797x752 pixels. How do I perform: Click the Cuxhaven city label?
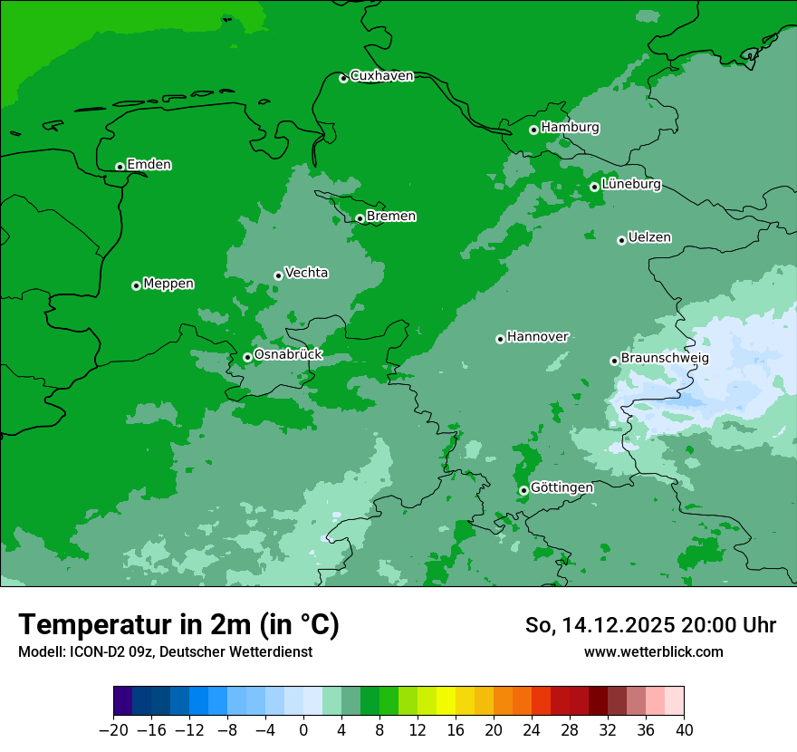(381, 76)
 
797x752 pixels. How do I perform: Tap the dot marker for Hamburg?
(534, 130)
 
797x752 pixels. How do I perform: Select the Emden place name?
(149, 165)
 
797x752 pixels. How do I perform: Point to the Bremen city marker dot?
(360, 218)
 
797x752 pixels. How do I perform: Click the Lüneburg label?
(630, 184)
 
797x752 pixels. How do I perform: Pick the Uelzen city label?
(649, 237)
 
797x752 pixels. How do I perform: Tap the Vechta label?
(306, 273)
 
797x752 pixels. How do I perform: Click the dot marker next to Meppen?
(136, 285)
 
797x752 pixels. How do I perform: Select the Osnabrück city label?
(288, 354)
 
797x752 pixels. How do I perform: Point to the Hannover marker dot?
(500, 339)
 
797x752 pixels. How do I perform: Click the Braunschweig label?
(665, 359)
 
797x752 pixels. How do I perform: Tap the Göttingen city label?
(562, 487)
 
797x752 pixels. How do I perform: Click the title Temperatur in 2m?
(178, 625)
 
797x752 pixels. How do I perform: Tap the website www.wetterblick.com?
(653, 652)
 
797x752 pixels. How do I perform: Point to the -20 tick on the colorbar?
(113, 728)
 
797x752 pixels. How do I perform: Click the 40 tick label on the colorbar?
(684, 728)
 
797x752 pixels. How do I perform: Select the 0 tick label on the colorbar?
(303, 728)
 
